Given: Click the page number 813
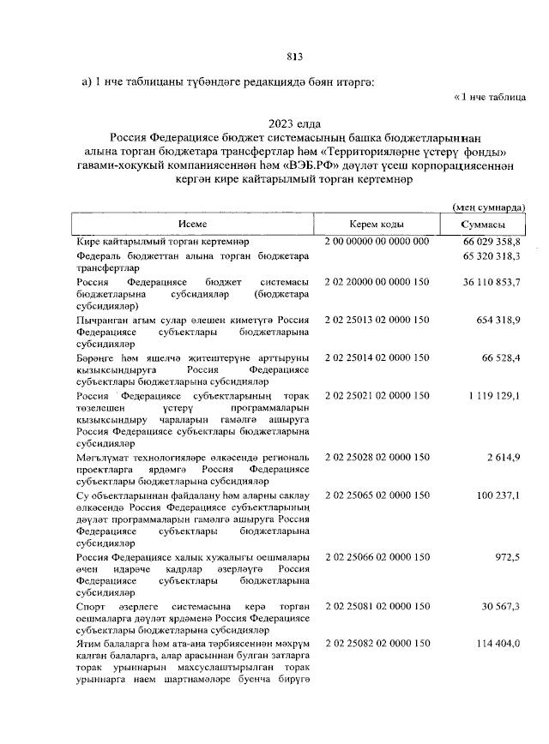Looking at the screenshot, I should point(295,57).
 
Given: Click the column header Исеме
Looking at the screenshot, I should point(193,225).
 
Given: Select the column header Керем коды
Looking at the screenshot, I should point(377,225).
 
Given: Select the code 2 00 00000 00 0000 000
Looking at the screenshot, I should point(377,243).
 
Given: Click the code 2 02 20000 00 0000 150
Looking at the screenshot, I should point(377,281).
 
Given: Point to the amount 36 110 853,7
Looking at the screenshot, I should point(488,281).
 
